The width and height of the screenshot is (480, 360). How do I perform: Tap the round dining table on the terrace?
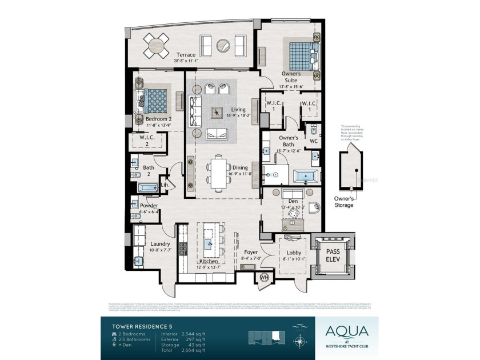tap(156, 42)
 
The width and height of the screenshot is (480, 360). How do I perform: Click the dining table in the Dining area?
tap(218, 172)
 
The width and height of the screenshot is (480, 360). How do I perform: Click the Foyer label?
tap(251, 251)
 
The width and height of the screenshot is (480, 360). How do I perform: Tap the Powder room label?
tap(149, 206)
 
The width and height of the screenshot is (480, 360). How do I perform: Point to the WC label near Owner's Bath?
tap(313, 141)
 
